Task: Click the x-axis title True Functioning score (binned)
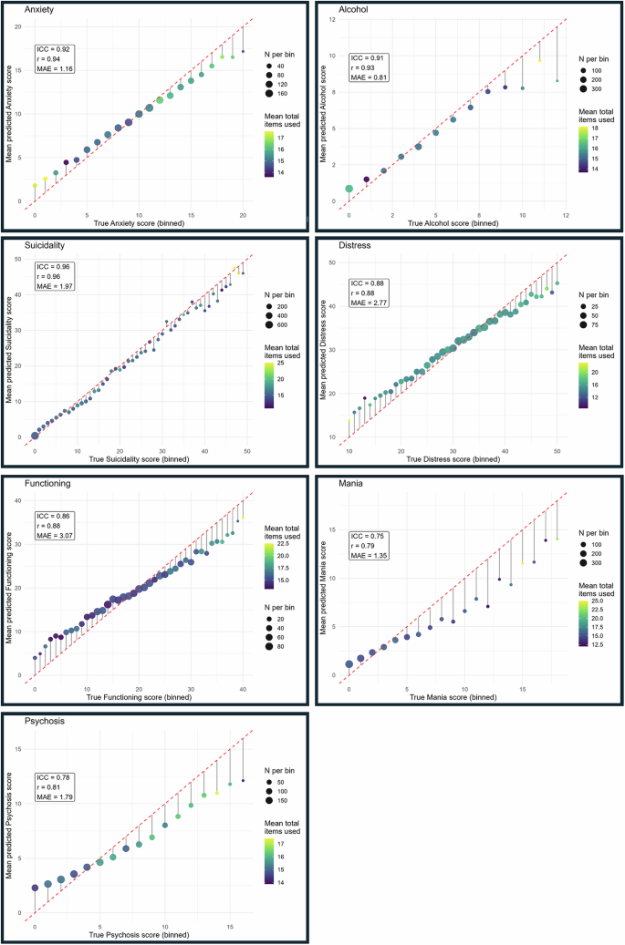point(139,698)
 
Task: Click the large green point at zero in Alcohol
point(349,189)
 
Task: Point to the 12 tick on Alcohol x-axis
point(566,215)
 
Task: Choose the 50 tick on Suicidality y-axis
point(22,261)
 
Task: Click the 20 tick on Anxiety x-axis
point(243,215)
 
